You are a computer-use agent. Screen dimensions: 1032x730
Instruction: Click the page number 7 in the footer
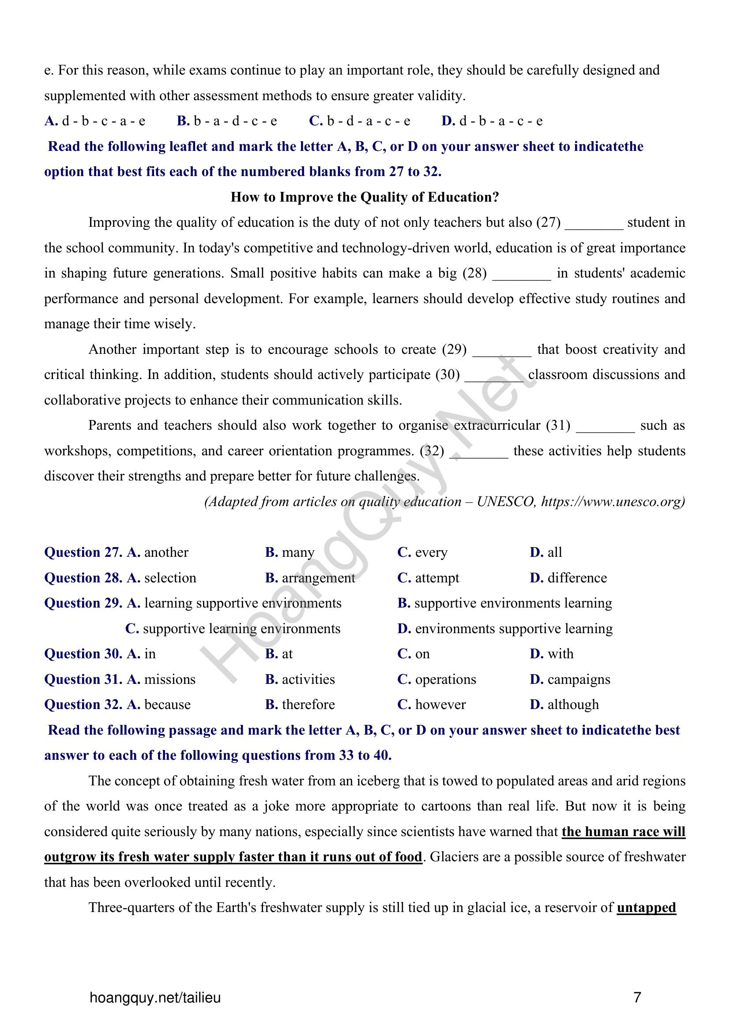click(x=637, y=998)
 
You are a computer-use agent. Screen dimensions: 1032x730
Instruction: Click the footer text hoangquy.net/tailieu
click(x=155, y=998)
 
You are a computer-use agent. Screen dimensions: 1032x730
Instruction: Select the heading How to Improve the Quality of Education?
click(x=365, y=197)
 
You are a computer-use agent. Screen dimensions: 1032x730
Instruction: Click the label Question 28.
click(x=83, y=578)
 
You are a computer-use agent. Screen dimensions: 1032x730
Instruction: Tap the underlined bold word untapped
click(x=646, y=908)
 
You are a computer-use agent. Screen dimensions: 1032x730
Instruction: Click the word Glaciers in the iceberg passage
click(x=451, y=857)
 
